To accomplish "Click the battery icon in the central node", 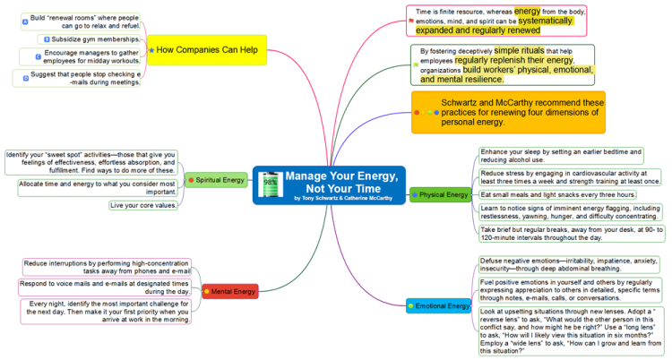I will click(x=270, y=185).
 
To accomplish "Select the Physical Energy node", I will click(x=440, y=193).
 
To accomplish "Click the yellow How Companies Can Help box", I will click(x=207, y=49).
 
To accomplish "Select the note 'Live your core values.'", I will click(x=142, y=205).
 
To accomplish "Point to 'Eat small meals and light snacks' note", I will click(x=557, y=194).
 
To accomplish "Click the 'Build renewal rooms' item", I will click(x=86, y=21).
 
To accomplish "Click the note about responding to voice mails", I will click(x=106, y=287).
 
